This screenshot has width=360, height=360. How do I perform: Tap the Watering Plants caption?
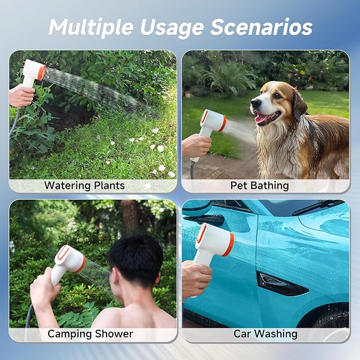point(84,186)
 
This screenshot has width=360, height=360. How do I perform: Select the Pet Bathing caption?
point(259,186)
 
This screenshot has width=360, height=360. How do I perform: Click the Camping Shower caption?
point(90,334)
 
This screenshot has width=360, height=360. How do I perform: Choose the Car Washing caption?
point(265,334)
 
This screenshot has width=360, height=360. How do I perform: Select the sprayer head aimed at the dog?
point(213,121)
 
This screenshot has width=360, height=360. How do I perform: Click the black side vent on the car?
point(280,284)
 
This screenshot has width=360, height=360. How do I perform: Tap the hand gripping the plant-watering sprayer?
point(21,96)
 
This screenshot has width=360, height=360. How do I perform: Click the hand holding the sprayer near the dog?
point(196,146)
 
